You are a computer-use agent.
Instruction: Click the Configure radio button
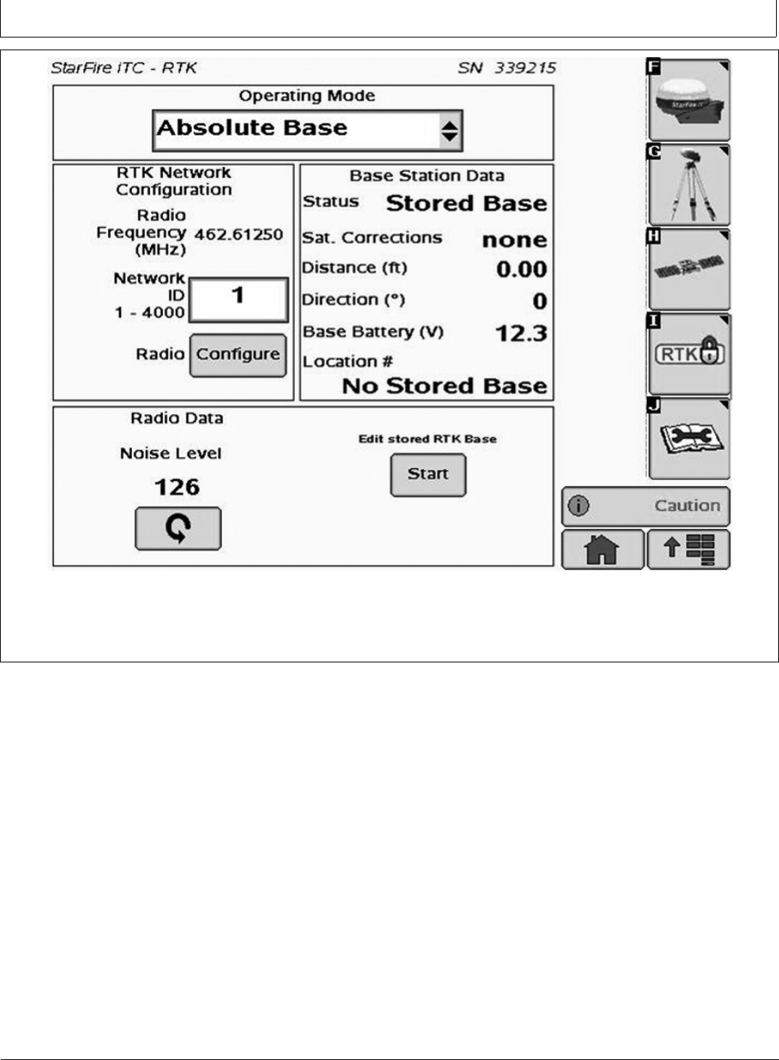point(238,355)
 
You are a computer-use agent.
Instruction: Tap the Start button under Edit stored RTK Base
point(428,475)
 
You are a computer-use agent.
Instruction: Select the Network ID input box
point(238,299)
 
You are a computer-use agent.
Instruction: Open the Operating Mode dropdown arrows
point(449,131)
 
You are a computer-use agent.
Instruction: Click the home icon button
point(602,550)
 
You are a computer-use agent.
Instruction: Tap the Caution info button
point(645,506)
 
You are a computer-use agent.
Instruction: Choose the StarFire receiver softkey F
point(689,101)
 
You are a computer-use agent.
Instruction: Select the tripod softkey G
point(689,185)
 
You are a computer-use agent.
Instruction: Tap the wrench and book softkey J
point(689,440)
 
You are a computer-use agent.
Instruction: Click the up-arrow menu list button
point(688,550)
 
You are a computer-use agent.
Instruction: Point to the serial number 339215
point(525,68)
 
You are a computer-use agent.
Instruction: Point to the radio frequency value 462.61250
point(239,235)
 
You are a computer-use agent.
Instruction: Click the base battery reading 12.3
point(521,333)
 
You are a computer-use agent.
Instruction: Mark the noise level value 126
point(177,488)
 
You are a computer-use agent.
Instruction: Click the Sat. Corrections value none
point(514,240)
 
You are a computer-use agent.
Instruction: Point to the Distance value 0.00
point(521,269)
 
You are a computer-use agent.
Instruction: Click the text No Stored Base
point(444,386)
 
